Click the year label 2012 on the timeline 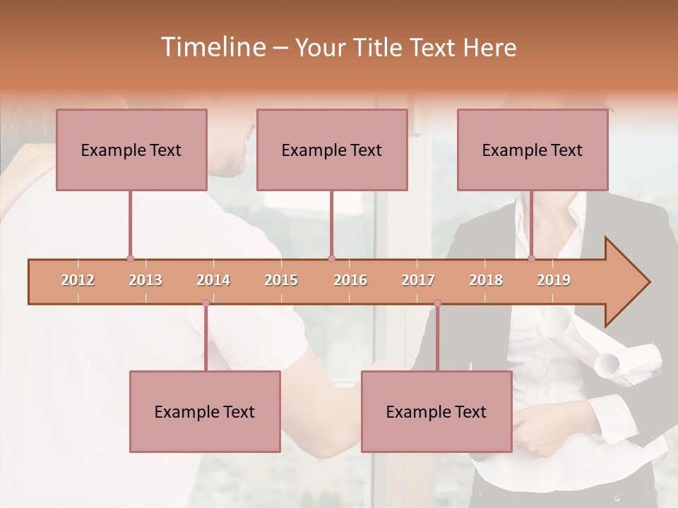[78, 280]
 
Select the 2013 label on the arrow [145, 280]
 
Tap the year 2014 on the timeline [213, 280]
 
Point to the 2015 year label [281, 280]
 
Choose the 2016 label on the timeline [350, 280]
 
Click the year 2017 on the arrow [418, 280]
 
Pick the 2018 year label [486, 280]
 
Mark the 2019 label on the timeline [554, 280]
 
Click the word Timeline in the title [212, 47]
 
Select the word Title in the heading [379, 47]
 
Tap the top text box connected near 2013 [131, 150]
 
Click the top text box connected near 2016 [332, 150]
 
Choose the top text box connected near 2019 [533, 150]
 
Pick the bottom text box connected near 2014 [205, 411]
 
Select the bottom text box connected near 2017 [436, 411]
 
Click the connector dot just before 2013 [130, 259]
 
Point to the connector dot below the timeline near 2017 [437, 303]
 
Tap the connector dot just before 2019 [531, 258]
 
